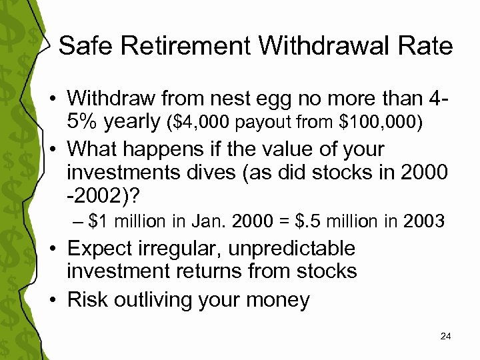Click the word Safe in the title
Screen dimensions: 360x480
84,46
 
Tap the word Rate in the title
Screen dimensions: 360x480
421,46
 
